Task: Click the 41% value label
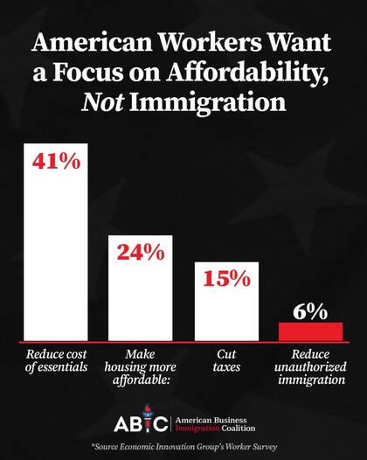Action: [x=57, y=162]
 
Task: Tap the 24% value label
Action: [x=141, y=253]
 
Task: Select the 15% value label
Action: [x=225, y=280]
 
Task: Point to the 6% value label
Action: [x=310, y=311]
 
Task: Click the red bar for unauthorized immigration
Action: [x=310, y=331]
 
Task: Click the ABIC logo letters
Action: [x=138, y=423]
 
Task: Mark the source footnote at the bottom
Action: [x=183, y=448]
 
